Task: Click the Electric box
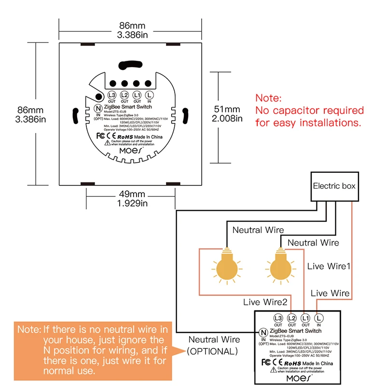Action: [x=334, y=186]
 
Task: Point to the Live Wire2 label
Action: [x=265, y=302]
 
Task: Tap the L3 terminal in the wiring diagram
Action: [x=278, y=318]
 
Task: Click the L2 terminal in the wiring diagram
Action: [x=291, y=318]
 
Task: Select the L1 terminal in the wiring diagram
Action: [x=304, y=318]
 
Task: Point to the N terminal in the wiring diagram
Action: [x=263, y=332]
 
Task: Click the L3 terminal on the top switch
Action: [x=112, y=95]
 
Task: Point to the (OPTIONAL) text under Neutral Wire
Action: [x=213, y=351]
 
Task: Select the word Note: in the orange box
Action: [x=30, y=330]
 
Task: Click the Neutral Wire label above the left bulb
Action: [x=258, y=230]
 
